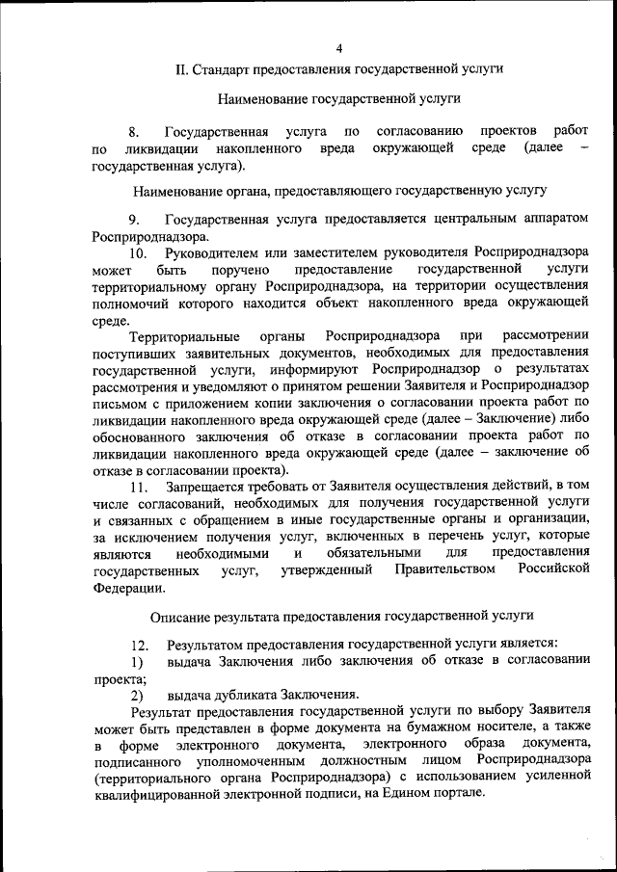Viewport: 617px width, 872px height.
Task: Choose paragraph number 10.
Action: (138, 253)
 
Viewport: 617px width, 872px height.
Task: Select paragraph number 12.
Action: (138, 644)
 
